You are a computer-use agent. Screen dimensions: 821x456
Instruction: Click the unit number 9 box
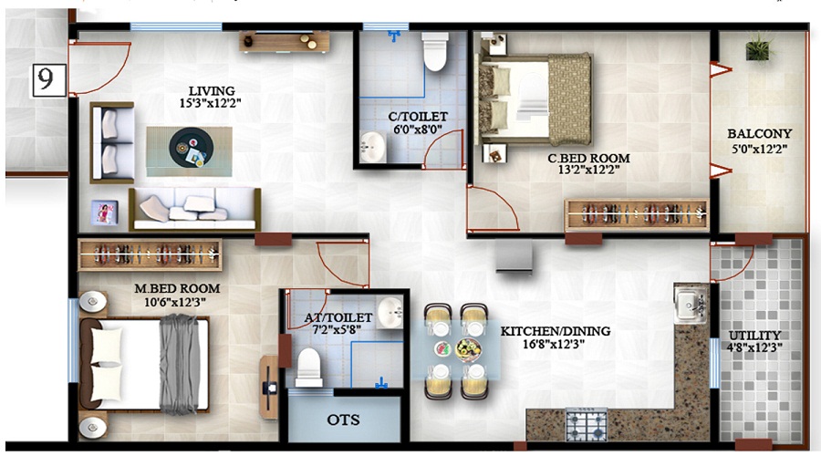click(x=49, y=80)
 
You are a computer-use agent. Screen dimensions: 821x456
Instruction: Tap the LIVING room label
click(x=212, y=91)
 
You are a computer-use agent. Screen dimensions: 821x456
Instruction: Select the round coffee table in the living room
click(x=192, y=147)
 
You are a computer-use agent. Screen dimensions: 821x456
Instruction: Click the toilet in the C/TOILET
click(x=435, y=51)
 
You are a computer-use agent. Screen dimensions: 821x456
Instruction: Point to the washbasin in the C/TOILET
click(x=373, y=147)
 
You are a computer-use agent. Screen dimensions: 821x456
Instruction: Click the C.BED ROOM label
click(x=588, y=158)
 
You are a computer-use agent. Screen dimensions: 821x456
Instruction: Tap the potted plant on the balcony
click(x=759, y=47)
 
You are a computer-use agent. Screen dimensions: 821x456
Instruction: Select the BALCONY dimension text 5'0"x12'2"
click(x=759, y=150)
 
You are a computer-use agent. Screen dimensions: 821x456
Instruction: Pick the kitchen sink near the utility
click(x=691, y=304)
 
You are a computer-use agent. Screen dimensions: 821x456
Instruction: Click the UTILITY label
click(x=755, y=336)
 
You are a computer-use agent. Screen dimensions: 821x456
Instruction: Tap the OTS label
click(x=344, y=420)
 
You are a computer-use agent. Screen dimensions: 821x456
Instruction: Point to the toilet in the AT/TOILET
click(x=309, y=367)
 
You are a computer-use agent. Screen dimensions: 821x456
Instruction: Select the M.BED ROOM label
click(x=177, y=288)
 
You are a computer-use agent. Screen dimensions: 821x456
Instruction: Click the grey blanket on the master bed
click(x=180, y=364)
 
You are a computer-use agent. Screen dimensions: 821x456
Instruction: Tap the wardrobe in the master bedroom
click(x=150, y=255)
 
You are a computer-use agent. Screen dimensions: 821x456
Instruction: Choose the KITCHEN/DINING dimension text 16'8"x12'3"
click(x=554, y=344)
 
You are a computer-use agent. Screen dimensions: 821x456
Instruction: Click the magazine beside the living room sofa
click(x=104, y=212)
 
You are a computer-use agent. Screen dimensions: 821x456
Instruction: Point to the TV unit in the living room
click(x=285, y=41)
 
